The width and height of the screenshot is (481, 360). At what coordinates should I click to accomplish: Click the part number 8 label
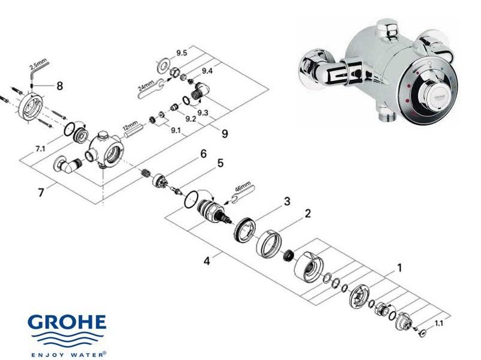pos(59,85)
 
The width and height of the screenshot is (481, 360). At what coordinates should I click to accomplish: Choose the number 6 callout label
pos(204,154)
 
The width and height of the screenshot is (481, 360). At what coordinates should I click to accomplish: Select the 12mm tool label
pos(131,129)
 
